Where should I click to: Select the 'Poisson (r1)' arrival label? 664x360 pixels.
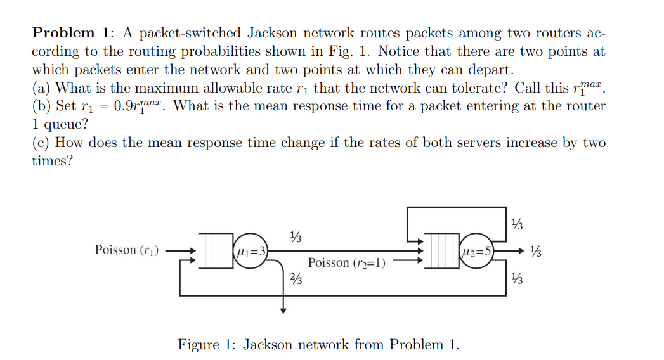(x=127, y=250)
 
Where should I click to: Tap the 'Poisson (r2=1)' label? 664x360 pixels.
(x=347, y=262)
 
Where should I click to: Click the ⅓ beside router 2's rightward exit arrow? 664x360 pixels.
(x=536, y=252)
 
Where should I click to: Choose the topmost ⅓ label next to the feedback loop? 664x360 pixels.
(x=518, y=224)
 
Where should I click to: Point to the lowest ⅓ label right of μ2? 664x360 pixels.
(x=518, y=278)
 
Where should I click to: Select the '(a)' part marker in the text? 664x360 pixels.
(x=42, y=87)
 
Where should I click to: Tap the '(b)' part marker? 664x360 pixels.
(x=42, y=106)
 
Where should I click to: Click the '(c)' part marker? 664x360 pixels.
(x=42, y=143)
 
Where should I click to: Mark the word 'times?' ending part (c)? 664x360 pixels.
(x=52, y=161)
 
